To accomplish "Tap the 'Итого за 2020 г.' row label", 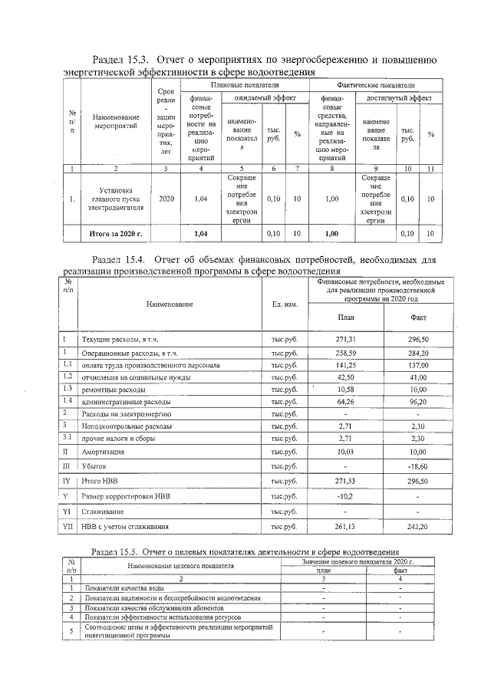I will click(121, 233).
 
